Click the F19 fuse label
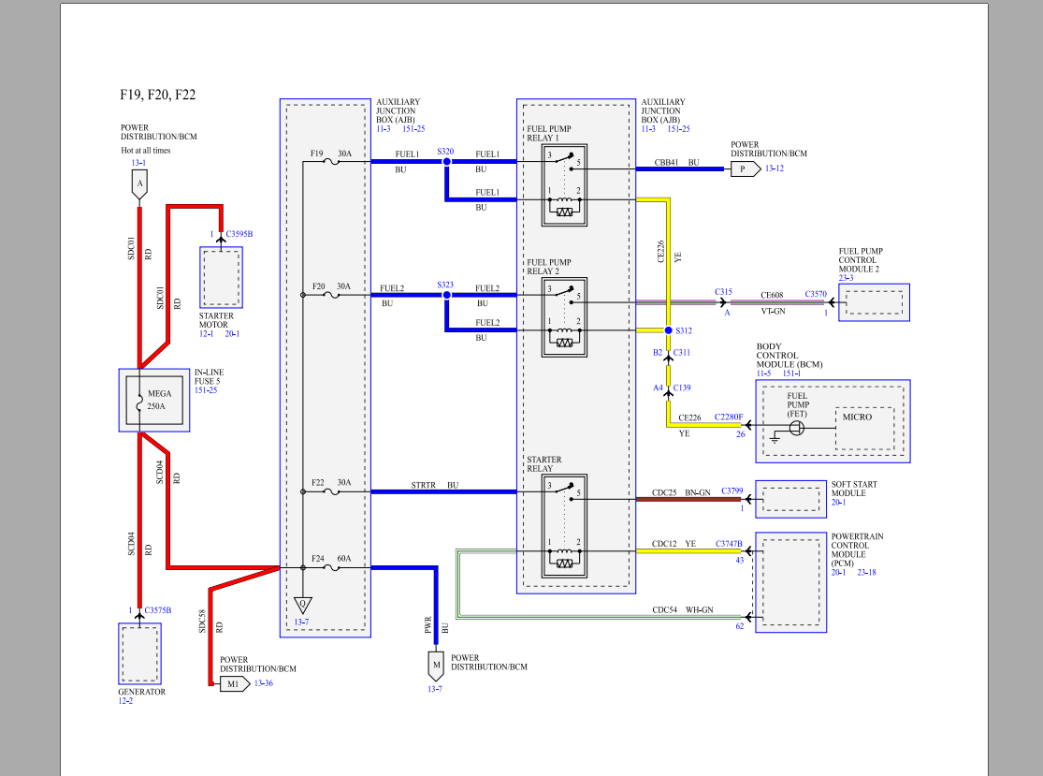click(x=316, y=153)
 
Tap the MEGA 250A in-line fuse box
click(x=153, y=400)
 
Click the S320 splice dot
click(x=446, y=162)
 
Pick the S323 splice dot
click(x=446, y=295)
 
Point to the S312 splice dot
click(x=668, y=331)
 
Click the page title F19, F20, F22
click(x=157, y=95)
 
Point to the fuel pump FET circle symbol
click(x=796, y=428)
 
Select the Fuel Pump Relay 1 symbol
click(x=564, y=185)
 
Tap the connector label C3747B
click(x=729, y=543)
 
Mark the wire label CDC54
click(x=666, y=609)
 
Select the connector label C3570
click(x=816, y=293)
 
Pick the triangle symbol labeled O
click(x=301, y=604)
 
